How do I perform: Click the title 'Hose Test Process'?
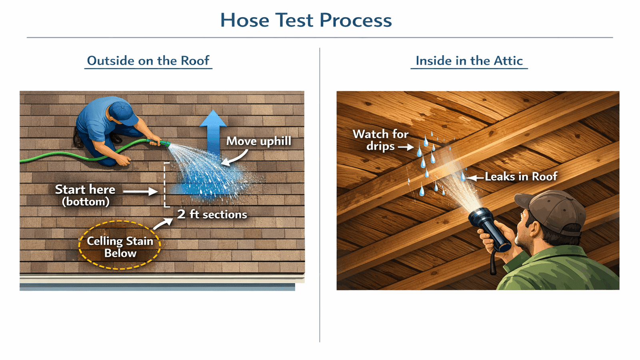[306, 20]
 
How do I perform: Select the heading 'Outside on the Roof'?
[148, 61]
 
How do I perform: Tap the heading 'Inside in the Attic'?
[469, 61]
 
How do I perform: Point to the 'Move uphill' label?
[259, 141]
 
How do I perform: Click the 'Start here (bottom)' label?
[85, 195]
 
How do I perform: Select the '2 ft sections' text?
[212, 214]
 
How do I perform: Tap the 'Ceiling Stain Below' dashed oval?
[120, 245]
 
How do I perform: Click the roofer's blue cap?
[121, 112]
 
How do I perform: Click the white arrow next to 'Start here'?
[140, 192]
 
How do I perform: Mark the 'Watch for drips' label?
[380, 140]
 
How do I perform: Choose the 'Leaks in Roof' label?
[521, 176]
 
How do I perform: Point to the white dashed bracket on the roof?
[166, 184]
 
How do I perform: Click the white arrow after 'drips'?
[406, 147]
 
